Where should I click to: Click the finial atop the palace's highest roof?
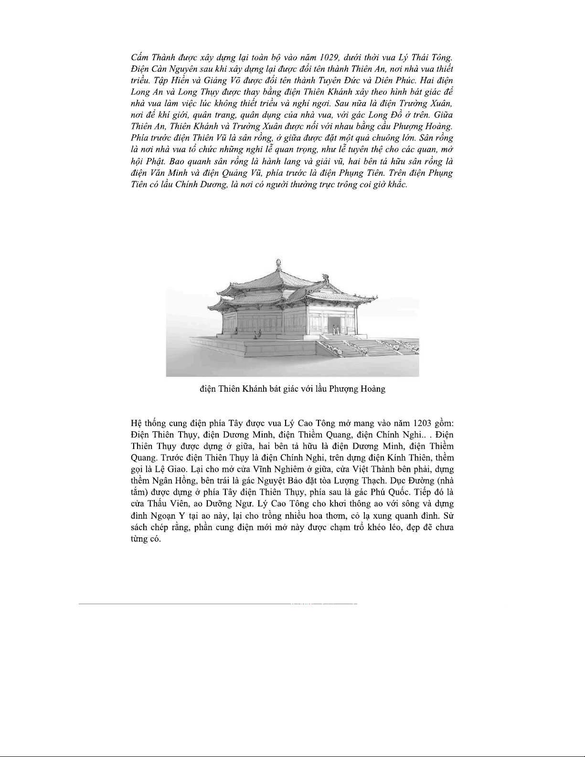(278, 264)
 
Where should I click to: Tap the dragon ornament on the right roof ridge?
(327, 277)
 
